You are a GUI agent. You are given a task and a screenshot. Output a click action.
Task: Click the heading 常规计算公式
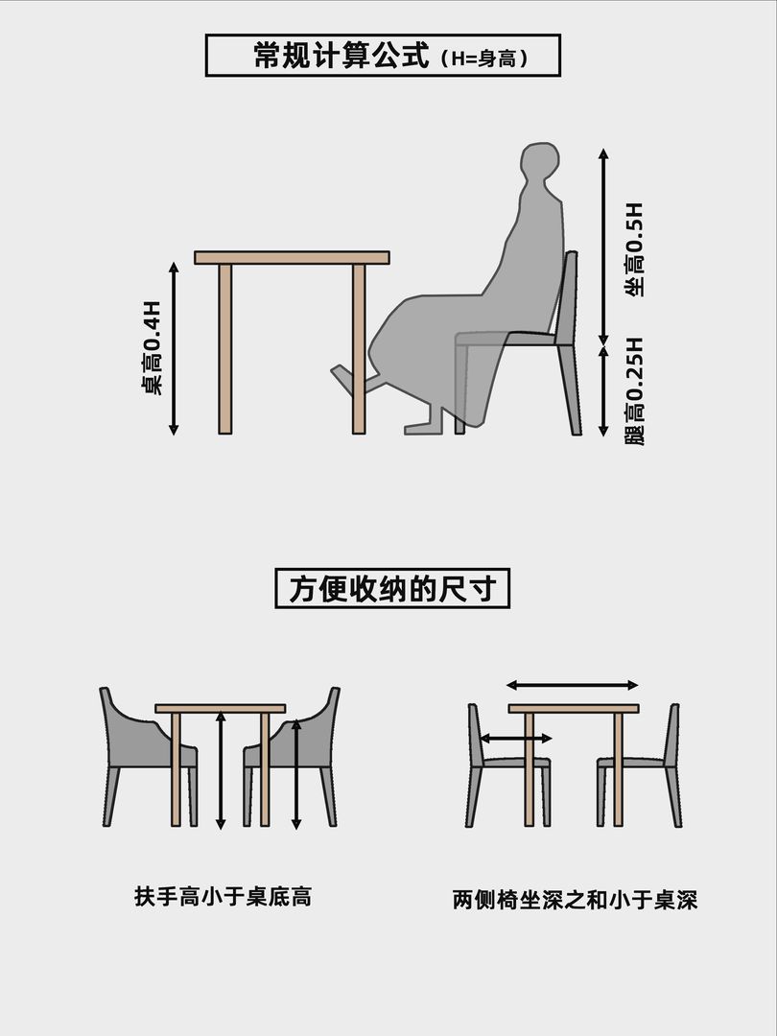click(341, 55)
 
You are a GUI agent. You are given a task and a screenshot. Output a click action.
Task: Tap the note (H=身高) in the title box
click(483, 59)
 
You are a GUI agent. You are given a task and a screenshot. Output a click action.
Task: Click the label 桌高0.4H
click(152, 348)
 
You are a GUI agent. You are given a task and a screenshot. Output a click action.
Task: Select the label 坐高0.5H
click(634, 249)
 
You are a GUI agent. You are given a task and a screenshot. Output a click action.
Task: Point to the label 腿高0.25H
click(634, 391)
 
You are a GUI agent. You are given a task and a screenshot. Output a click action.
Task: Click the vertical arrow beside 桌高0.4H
click(174, 349)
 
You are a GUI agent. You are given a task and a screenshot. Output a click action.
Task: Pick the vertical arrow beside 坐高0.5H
click(603, 247)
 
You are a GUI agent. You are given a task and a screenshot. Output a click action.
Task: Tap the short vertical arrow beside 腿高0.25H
click(603, 391)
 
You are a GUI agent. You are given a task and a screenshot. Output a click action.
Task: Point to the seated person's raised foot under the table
click(349, 380)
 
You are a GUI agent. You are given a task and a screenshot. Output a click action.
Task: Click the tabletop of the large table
click(292, 258)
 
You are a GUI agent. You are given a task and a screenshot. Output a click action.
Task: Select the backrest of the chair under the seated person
click(567, 297)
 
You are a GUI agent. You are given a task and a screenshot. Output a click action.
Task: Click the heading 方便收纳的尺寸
click(392, 588)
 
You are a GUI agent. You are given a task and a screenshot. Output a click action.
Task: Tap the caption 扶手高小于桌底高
click(223, 897)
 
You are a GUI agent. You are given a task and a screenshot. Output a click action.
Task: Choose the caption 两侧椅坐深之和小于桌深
click(575, 899)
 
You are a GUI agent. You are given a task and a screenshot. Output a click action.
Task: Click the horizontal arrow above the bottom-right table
click(572, 685)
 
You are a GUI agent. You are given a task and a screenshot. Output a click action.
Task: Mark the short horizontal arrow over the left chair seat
click(515, 738)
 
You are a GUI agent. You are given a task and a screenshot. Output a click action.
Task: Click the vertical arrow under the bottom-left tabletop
click(221, 770)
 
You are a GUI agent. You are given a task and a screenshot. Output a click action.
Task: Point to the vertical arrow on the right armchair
click(296, 774)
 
